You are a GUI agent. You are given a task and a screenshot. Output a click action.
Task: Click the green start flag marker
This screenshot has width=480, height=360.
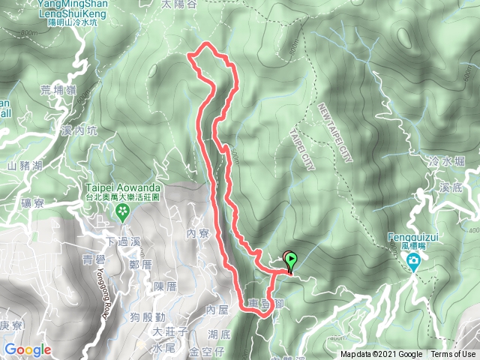(290, 260)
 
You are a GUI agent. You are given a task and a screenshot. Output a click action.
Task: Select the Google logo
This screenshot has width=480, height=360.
(28, 349)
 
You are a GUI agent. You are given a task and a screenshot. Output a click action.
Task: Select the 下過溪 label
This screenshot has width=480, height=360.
(124, 241)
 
